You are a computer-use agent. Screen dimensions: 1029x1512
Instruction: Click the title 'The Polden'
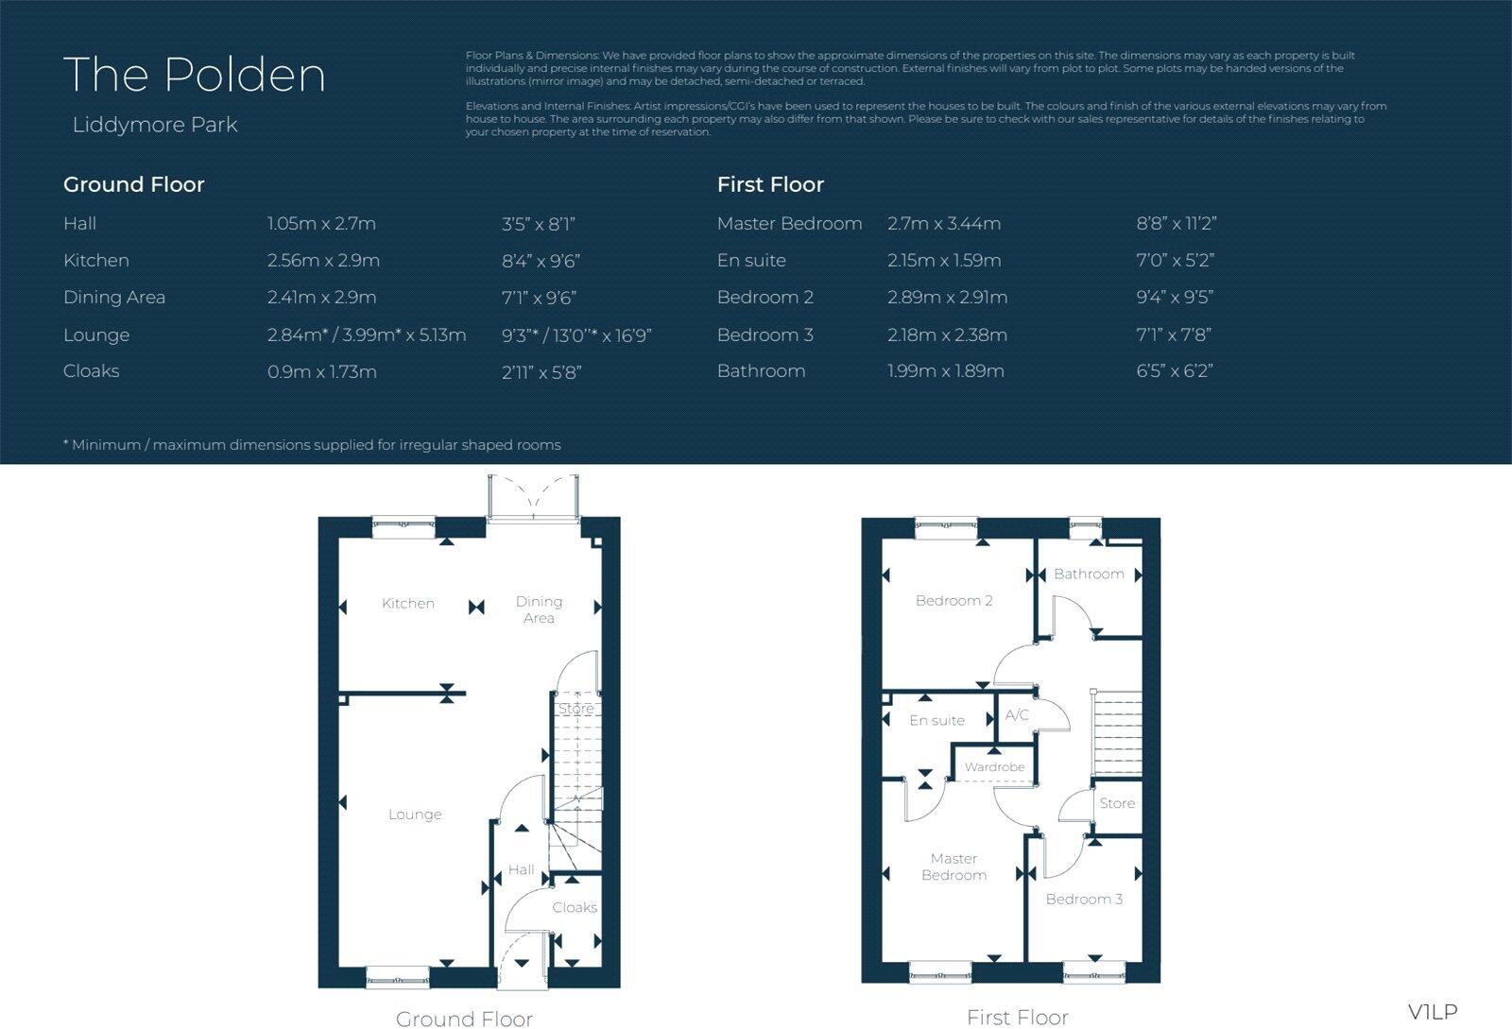[x=194, y=75]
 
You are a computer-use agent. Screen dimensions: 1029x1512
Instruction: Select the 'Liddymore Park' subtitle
[x=155, y=125]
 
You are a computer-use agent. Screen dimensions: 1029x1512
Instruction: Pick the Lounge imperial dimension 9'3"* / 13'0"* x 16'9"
[x=576, y=335]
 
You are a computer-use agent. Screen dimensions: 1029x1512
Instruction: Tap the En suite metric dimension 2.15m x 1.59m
[x=944, y=260]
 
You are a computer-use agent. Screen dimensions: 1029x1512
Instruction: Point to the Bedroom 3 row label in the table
[x=765, y=334]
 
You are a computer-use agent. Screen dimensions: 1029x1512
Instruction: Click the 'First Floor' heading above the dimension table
[x=770, y=184]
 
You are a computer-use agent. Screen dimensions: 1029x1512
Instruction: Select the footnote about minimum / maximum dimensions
[x=312, y=444]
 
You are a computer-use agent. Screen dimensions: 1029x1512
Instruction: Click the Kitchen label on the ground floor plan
[x=407, y=603]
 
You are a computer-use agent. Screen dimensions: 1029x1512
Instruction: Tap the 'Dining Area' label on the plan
[x=539, y=609]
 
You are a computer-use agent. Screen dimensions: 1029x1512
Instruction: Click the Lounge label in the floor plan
[x=415, y=815]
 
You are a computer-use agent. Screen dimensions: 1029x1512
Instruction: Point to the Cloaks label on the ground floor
[x=575, y=907]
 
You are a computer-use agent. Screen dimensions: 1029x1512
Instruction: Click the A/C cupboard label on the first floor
[x=1017, y=715]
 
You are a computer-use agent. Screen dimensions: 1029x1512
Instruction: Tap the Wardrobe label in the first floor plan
[x=994, y=767]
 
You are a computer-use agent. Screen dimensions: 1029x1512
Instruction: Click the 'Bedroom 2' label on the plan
[x=954, y=600]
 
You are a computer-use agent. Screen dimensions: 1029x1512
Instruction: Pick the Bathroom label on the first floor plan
[x=1089, y=574]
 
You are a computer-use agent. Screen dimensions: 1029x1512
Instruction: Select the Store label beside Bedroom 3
[x=1117, y=803]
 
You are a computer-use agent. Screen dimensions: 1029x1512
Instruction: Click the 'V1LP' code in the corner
[x=1433, y=1012]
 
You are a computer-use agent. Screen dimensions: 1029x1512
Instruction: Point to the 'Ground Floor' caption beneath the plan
[x=464, y=1018]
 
